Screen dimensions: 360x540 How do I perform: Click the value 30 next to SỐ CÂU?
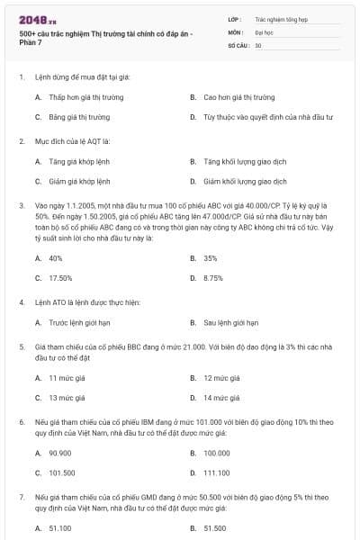[258, 44]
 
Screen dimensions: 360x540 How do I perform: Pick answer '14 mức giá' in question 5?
[220, 397]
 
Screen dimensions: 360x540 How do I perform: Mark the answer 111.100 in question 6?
[217, 472]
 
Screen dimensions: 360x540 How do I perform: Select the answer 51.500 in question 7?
[215, 528]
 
